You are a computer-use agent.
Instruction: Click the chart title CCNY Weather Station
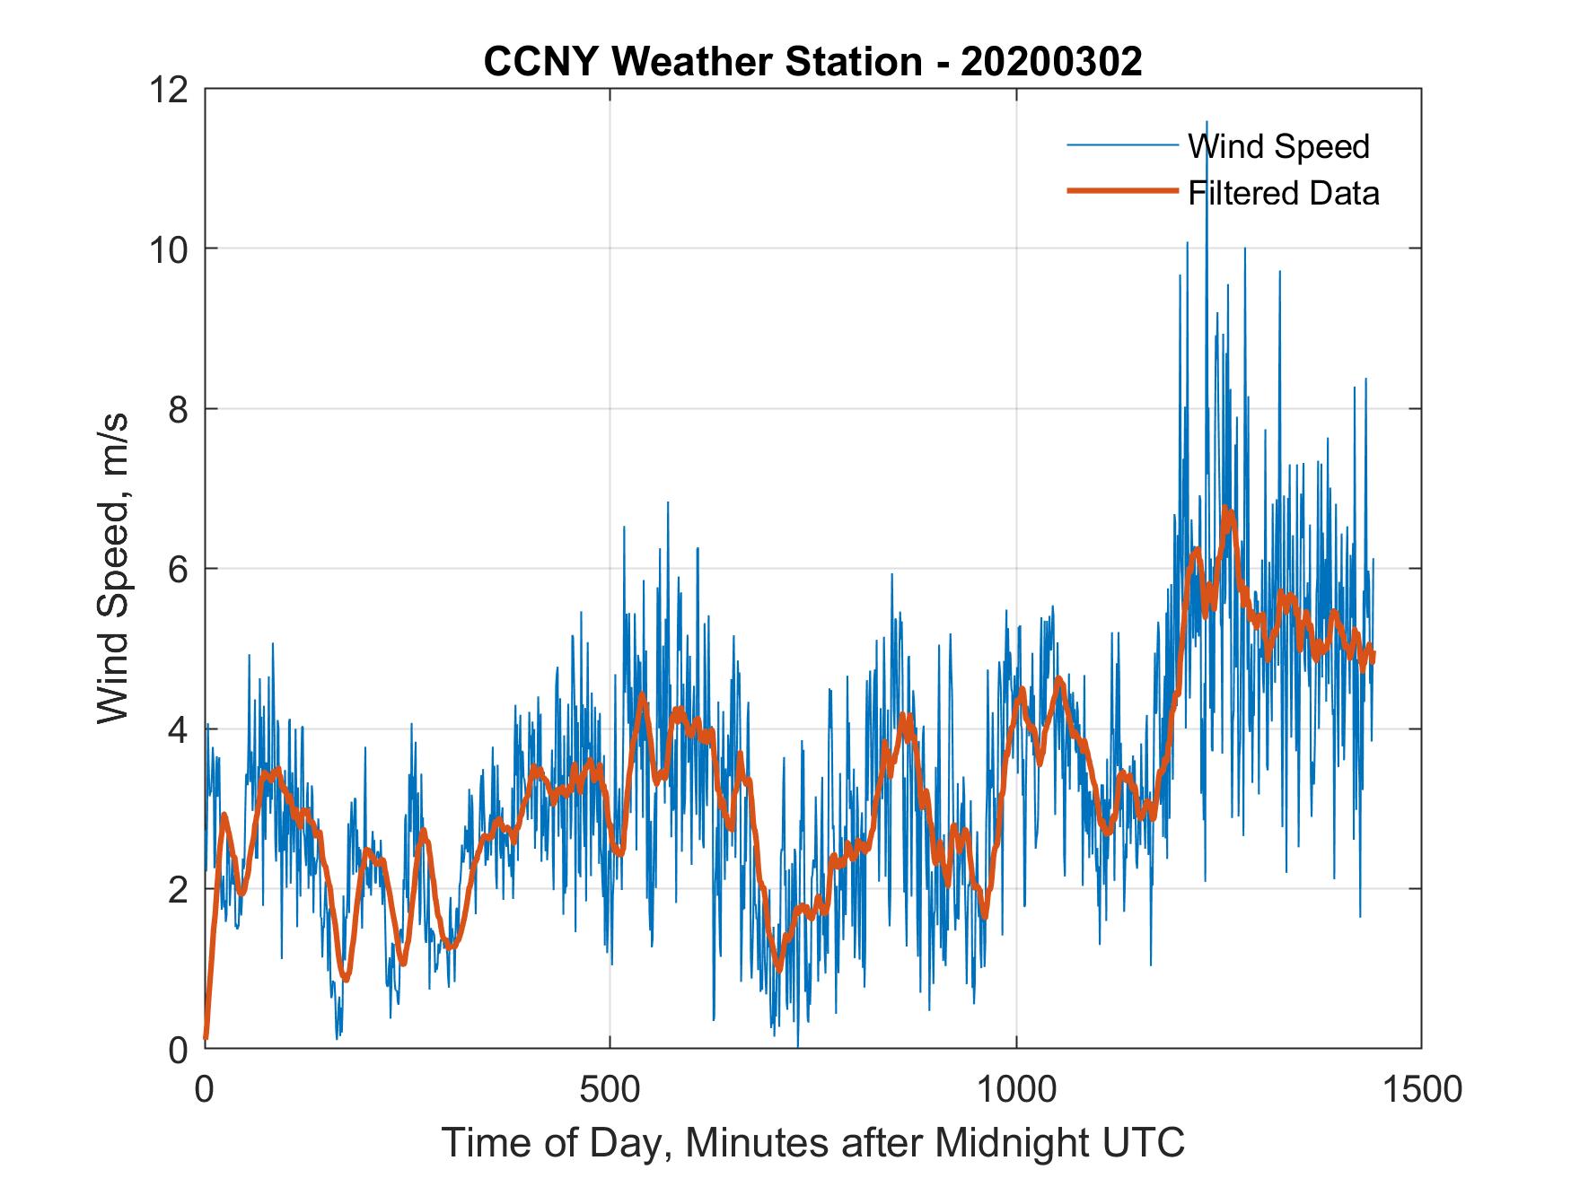click(703, 62)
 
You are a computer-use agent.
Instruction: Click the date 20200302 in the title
click(1051, 62)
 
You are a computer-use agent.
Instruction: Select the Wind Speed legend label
click(1278, 146)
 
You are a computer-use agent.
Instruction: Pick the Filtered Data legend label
click(1283, 193)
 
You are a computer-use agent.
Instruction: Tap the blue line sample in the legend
click(1121, 145)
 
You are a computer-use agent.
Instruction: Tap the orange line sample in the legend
click(1121, 191)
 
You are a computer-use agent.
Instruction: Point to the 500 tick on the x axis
click(610, 1089)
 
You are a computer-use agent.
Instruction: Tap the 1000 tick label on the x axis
click(1016, 1089)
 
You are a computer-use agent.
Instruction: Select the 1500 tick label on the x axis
click(1421, 1089)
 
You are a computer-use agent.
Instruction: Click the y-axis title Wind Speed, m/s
click(114, 568)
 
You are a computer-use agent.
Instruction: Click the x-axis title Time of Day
click(557, 1142)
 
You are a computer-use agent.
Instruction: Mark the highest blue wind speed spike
click(1207, 122)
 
